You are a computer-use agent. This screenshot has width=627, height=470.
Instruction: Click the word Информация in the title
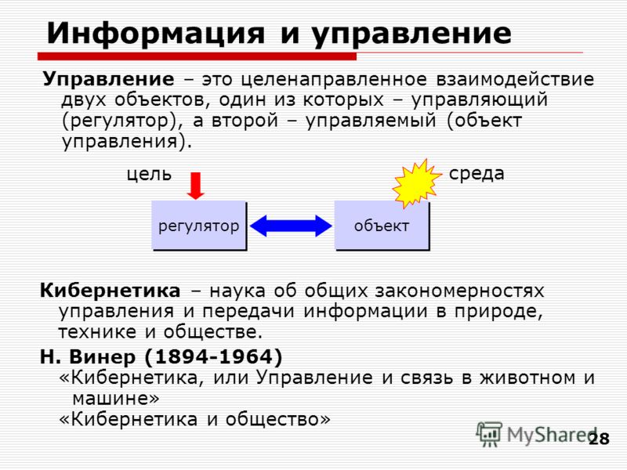click(x=156, y=34)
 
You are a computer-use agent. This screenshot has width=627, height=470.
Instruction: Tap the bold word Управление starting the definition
click(x=108, y=80)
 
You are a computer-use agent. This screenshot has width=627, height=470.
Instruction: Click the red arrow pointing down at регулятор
click(x=195, y=186)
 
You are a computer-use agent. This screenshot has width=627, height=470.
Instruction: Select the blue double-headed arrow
click(x=291, y=226)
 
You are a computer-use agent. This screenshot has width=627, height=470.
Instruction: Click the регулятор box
click(x=199, y=226)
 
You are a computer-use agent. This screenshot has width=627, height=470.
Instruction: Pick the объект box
click(x=382, y=226)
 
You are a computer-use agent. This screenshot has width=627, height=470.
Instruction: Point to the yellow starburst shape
click(x=417, y=183)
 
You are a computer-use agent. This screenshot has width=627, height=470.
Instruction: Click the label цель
click(x=149, y=174)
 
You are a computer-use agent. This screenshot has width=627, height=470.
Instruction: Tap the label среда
click(x=477, y=174)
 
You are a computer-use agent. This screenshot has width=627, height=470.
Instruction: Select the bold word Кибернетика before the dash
click(x=110, y=291)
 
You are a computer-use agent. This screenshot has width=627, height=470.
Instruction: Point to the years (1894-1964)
click(x=213, y=356)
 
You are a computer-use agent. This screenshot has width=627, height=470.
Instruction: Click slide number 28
click(x=599, y=439)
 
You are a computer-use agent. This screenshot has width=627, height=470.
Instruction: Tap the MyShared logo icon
click(x=488, y=434)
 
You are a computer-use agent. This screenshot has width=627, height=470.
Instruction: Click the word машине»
click(x=115, y=398)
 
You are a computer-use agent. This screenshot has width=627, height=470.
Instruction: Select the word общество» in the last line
click(x=278, y=419)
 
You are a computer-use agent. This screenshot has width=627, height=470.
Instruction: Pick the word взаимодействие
click(x=515, y=80)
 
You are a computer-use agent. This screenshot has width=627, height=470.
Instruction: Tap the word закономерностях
click(x=459, y=291)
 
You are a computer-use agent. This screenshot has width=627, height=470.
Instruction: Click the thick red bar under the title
click(x=197, y=56)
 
